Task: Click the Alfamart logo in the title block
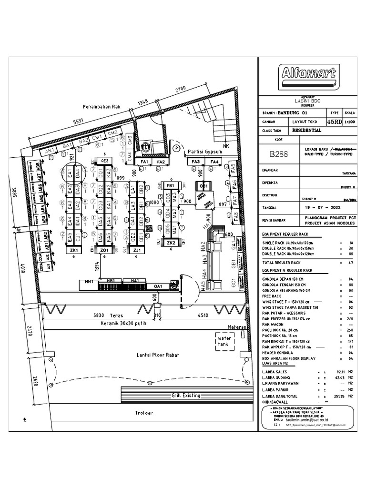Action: (x=308, y=75)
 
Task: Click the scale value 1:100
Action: (x=352, y=122)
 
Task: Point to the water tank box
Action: (x=224, y=341)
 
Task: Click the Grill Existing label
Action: (x=186, y=396)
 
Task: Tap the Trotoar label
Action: (x=143, y=413)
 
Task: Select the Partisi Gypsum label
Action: (x=205, y=152)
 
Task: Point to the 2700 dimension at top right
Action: (x=181, y=90)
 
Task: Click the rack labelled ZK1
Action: (x=74, y=250)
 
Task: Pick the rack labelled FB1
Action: (x=170, y=185)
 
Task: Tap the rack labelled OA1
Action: (x=158, y=286)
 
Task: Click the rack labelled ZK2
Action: (x=171, y=243)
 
